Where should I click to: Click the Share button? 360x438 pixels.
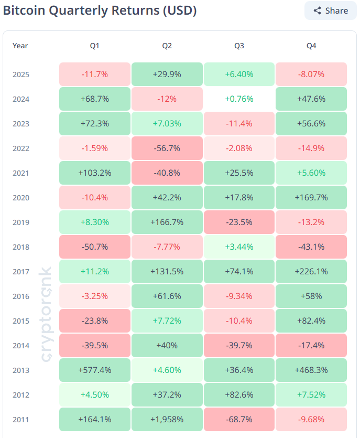[330, 10]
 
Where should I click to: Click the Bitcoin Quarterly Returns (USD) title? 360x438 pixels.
[100, 10]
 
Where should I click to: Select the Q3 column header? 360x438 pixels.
[239, 46]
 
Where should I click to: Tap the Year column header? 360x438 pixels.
[20, 46]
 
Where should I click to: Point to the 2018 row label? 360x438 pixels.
[21, 247]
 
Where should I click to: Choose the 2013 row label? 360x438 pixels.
[21, 370]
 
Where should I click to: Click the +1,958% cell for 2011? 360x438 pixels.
[167, 420]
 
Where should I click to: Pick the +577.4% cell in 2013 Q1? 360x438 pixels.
[94, 370]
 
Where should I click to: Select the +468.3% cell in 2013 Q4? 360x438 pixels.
[311, 370]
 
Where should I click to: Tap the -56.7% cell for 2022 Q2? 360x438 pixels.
[167, 148]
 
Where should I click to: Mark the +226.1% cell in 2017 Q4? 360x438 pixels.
[311, 272]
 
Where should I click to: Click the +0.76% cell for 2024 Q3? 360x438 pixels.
[239, 99]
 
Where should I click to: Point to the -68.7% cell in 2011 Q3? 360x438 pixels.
[239, 420]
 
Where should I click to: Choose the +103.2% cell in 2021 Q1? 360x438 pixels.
[94, 173]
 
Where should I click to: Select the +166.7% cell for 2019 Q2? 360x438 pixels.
[167, 222]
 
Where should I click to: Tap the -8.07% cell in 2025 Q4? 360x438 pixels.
[311, 74]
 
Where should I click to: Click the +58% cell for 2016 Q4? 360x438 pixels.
[311, 296]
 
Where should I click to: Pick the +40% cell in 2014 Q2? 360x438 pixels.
[167, 346]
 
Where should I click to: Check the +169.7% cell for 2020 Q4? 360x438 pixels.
[311, 198]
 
